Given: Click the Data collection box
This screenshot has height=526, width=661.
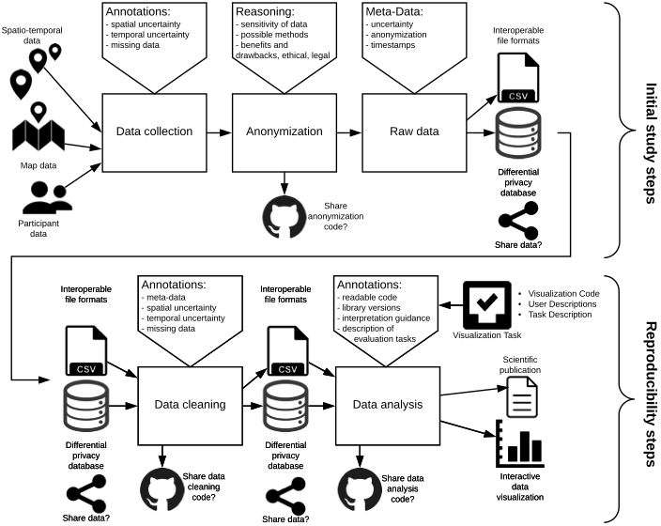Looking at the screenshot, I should click(154, 132).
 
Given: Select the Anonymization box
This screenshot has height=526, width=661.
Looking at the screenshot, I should click(284, 132).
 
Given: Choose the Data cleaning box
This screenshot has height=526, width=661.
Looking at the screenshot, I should click(191, 406).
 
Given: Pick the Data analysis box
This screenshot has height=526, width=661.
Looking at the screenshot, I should click(386, 406).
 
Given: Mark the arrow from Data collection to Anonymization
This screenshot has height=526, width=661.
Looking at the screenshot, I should click(219, 132).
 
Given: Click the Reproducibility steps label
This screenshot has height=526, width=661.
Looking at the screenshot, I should click(650, 394).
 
